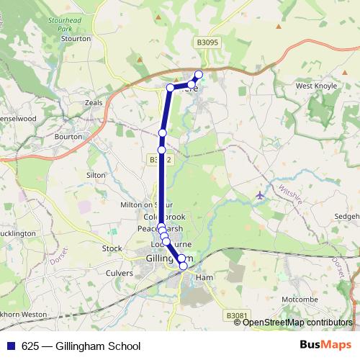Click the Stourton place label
[x=76, y=38]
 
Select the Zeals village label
[x=94, y=103]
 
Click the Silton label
[x=96, y=175]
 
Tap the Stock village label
[x=112, y=248]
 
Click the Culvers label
[x=120, y=274]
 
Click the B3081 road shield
[x=236, y=315]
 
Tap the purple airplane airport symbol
[x=260, y=195]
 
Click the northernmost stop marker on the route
[x=199, y=74]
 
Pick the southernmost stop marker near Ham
[x=183, y=266]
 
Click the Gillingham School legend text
[x=87, y=346]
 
